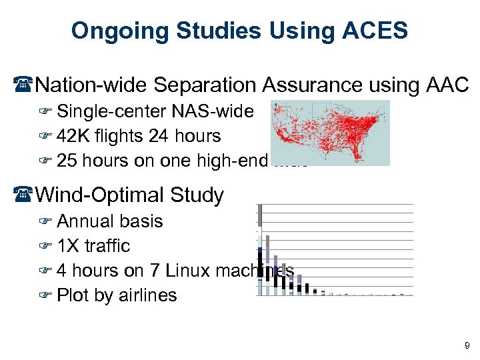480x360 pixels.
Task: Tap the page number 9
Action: [467, 345]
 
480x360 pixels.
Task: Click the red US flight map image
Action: [331, 133]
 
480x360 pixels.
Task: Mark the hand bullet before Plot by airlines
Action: [46, 296]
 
